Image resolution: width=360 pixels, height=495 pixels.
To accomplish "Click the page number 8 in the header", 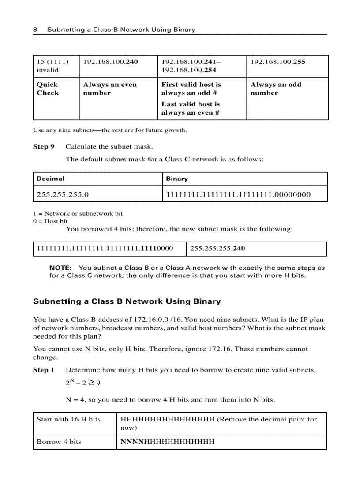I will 35,30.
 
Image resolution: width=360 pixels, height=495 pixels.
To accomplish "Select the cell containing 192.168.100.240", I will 110,62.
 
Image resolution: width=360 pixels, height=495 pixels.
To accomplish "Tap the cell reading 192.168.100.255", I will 277,62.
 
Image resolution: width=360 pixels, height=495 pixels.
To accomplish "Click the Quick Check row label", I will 47,89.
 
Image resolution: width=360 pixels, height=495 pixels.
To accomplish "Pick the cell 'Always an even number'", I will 110,89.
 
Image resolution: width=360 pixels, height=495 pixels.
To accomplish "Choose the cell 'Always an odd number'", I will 276,89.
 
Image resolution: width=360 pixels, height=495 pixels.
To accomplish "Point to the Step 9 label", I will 44,146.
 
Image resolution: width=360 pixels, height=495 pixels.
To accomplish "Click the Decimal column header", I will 50,179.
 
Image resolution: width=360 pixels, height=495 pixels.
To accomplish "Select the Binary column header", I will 177,179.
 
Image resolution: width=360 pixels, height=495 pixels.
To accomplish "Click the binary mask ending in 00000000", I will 238,194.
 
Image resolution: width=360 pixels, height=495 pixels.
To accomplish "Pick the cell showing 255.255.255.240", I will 217,249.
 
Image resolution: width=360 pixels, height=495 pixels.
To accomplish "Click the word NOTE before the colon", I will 60,268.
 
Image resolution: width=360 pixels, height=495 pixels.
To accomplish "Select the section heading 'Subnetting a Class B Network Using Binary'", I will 127,301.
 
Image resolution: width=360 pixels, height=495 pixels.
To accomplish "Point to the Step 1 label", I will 44,370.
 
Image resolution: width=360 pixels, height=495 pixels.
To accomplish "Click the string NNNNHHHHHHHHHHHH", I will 168,442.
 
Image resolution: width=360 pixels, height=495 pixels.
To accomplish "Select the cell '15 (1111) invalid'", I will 52,66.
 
